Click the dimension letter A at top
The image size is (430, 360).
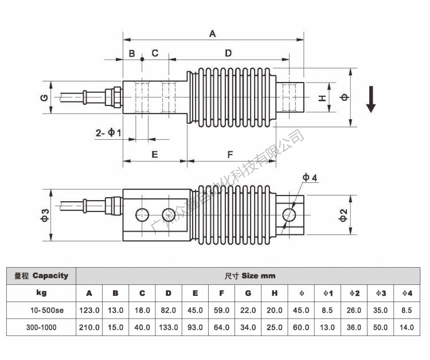(212, 33)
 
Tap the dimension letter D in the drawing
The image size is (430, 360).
(228, 53)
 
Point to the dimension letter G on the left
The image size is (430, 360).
(44, 97)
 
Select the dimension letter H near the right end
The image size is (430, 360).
(323, 98)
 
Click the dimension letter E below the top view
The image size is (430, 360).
(154, 154)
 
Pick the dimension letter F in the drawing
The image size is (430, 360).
(230, 154)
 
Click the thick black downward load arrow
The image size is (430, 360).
(371, 99)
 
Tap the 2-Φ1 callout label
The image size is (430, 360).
(108, 133)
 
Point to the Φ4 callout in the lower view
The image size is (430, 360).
(310, 178)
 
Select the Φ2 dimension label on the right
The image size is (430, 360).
(343, 215)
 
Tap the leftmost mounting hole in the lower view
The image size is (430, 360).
(142, 215)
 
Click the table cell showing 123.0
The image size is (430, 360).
(89, 310)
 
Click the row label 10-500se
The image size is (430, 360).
(43, 310)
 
